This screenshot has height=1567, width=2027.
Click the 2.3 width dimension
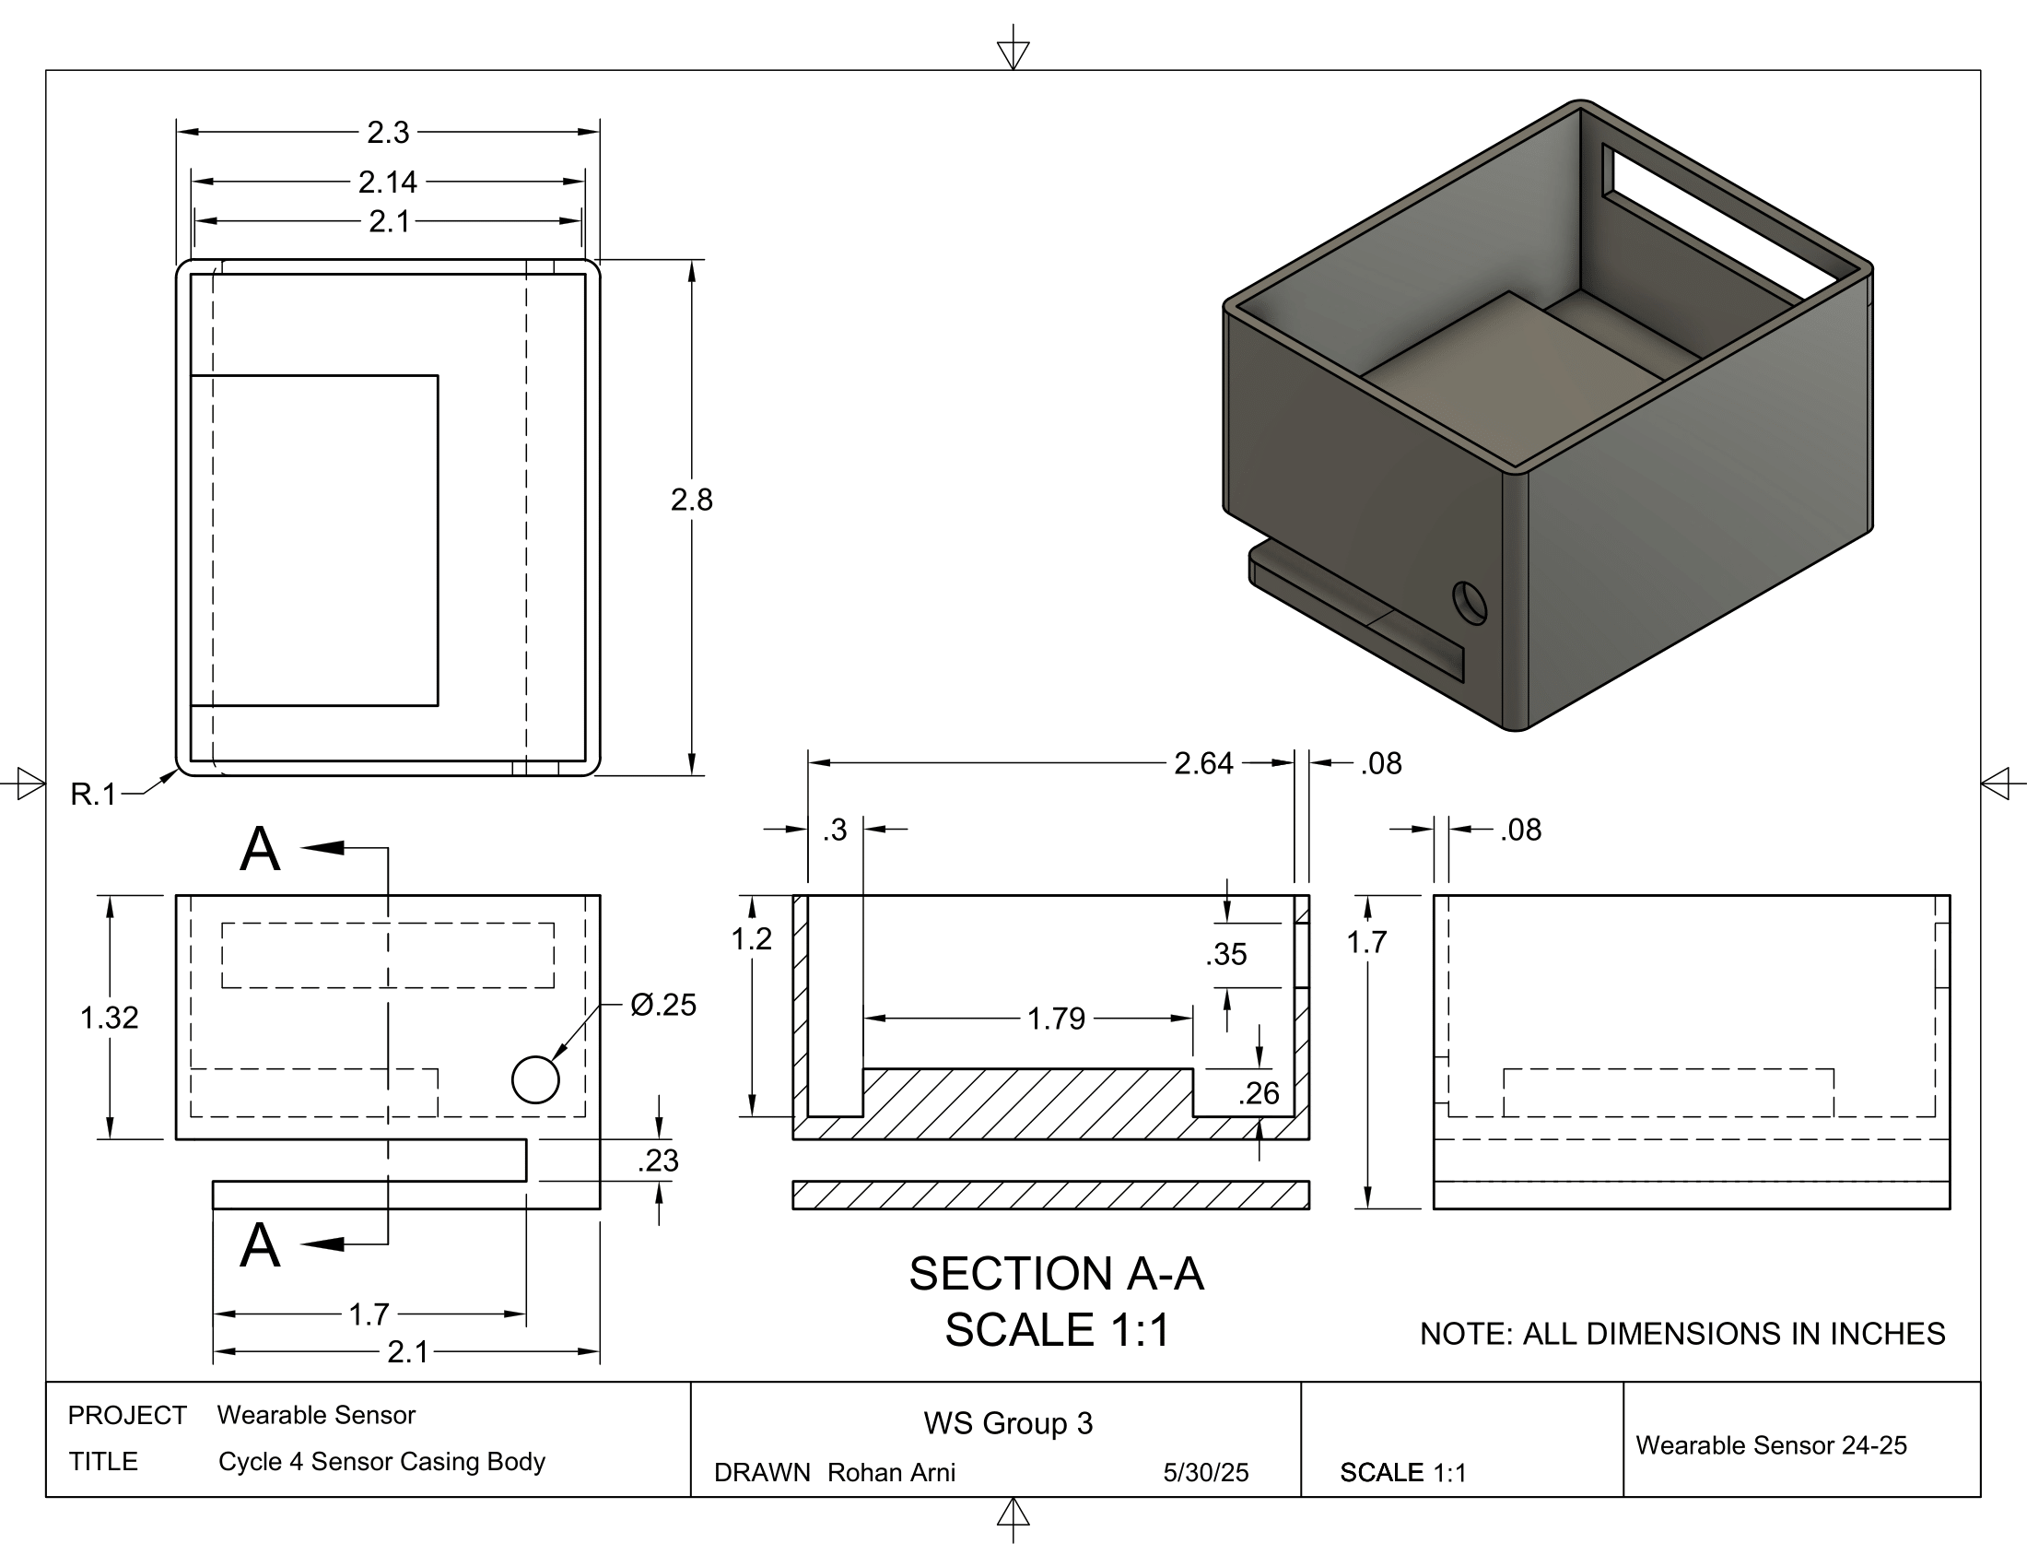pos(388,133)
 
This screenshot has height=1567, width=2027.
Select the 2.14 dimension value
pos(388,182)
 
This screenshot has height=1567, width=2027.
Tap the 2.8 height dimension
pos(691,501)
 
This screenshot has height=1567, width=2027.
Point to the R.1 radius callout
pos(94,795)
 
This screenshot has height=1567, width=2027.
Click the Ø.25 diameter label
pos(662,1005)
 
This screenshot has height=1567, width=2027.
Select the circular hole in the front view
pos(535,1078)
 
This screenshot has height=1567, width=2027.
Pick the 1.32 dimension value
pos(110,1019)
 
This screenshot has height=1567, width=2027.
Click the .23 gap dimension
pos(658,1161)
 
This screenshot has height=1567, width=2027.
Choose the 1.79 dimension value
pos(1056,1019)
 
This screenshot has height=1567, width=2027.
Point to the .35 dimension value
pos(1226,954)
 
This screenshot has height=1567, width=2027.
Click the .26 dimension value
pos(1259,1093)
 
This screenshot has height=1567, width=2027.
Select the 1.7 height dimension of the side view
pos(1366,942)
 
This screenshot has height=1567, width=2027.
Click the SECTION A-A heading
pos(1056,1274)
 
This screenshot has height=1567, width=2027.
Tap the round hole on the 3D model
pos(1470,604)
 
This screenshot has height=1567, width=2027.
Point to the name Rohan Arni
pos(891,1473)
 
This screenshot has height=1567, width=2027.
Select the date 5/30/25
pos(1206,1473)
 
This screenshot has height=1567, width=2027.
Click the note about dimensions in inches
pos(1681,1334)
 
